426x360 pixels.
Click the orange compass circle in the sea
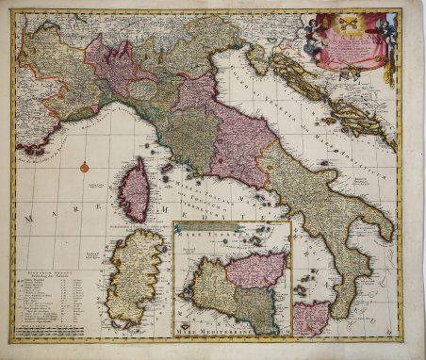pos(84,167)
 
